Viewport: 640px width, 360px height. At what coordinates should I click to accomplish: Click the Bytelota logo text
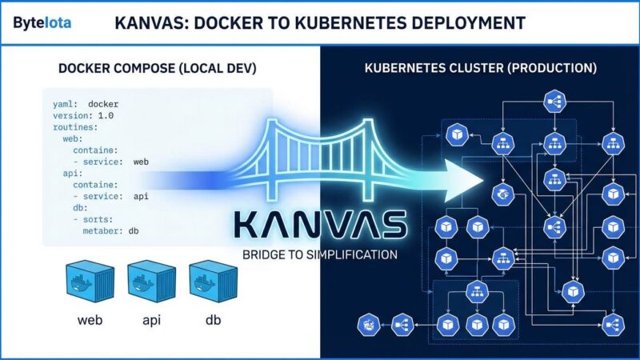point(42,22)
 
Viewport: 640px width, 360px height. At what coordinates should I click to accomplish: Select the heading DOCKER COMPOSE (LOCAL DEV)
point(157,69)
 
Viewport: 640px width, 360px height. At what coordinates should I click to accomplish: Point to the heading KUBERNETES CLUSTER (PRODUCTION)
point(480,69)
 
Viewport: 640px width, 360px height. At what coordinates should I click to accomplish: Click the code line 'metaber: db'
point(111,230)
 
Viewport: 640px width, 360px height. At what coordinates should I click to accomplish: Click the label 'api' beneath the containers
point(151,321)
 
